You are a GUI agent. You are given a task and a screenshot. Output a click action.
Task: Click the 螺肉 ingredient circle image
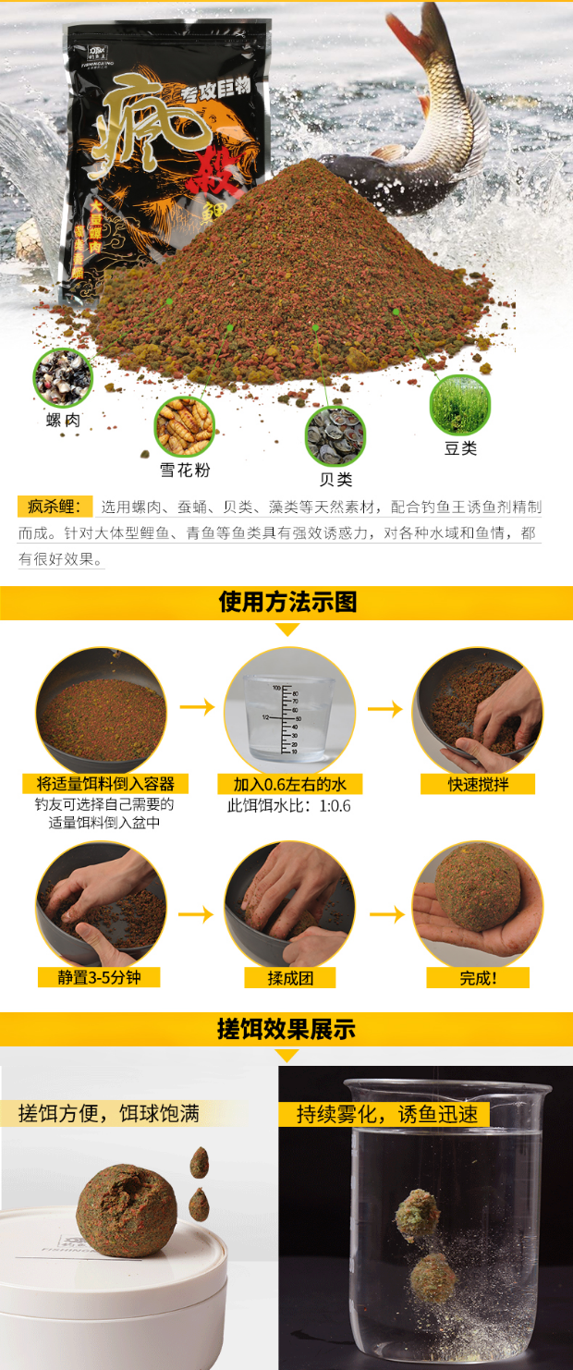click(x=63, y=376)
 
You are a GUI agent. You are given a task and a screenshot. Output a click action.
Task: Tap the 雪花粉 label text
click(x=185, y=470)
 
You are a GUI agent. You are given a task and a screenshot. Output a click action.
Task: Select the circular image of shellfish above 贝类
click(x=335, y=435)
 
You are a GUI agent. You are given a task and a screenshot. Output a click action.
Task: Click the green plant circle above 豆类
click(x=459, y=405)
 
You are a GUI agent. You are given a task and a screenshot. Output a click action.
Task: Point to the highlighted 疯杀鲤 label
click(x=55, y=507)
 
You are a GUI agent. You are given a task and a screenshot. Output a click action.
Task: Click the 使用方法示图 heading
click(x=287, y=603)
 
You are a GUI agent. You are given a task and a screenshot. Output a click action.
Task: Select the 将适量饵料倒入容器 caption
click(x=104, y=784)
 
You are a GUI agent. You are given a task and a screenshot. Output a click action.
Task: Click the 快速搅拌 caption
click(x=478, y=784)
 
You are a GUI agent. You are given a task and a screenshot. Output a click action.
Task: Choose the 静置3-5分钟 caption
click(x=99, y=977)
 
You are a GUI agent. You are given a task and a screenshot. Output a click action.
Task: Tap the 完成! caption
click(x=478, y=977)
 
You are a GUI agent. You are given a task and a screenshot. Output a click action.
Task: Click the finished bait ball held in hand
click(x=478, y=887)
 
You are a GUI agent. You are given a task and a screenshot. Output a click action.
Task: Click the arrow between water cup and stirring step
click(x=385, y=709)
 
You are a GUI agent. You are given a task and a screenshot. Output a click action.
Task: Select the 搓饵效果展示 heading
click(x=286, y=1029)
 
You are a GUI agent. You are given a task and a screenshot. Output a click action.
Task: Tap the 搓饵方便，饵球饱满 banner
click(x=109, y=1112)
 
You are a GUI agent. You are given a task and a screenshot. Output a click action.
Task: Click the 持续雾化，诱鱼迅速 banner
click(x=387, y=1114)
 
